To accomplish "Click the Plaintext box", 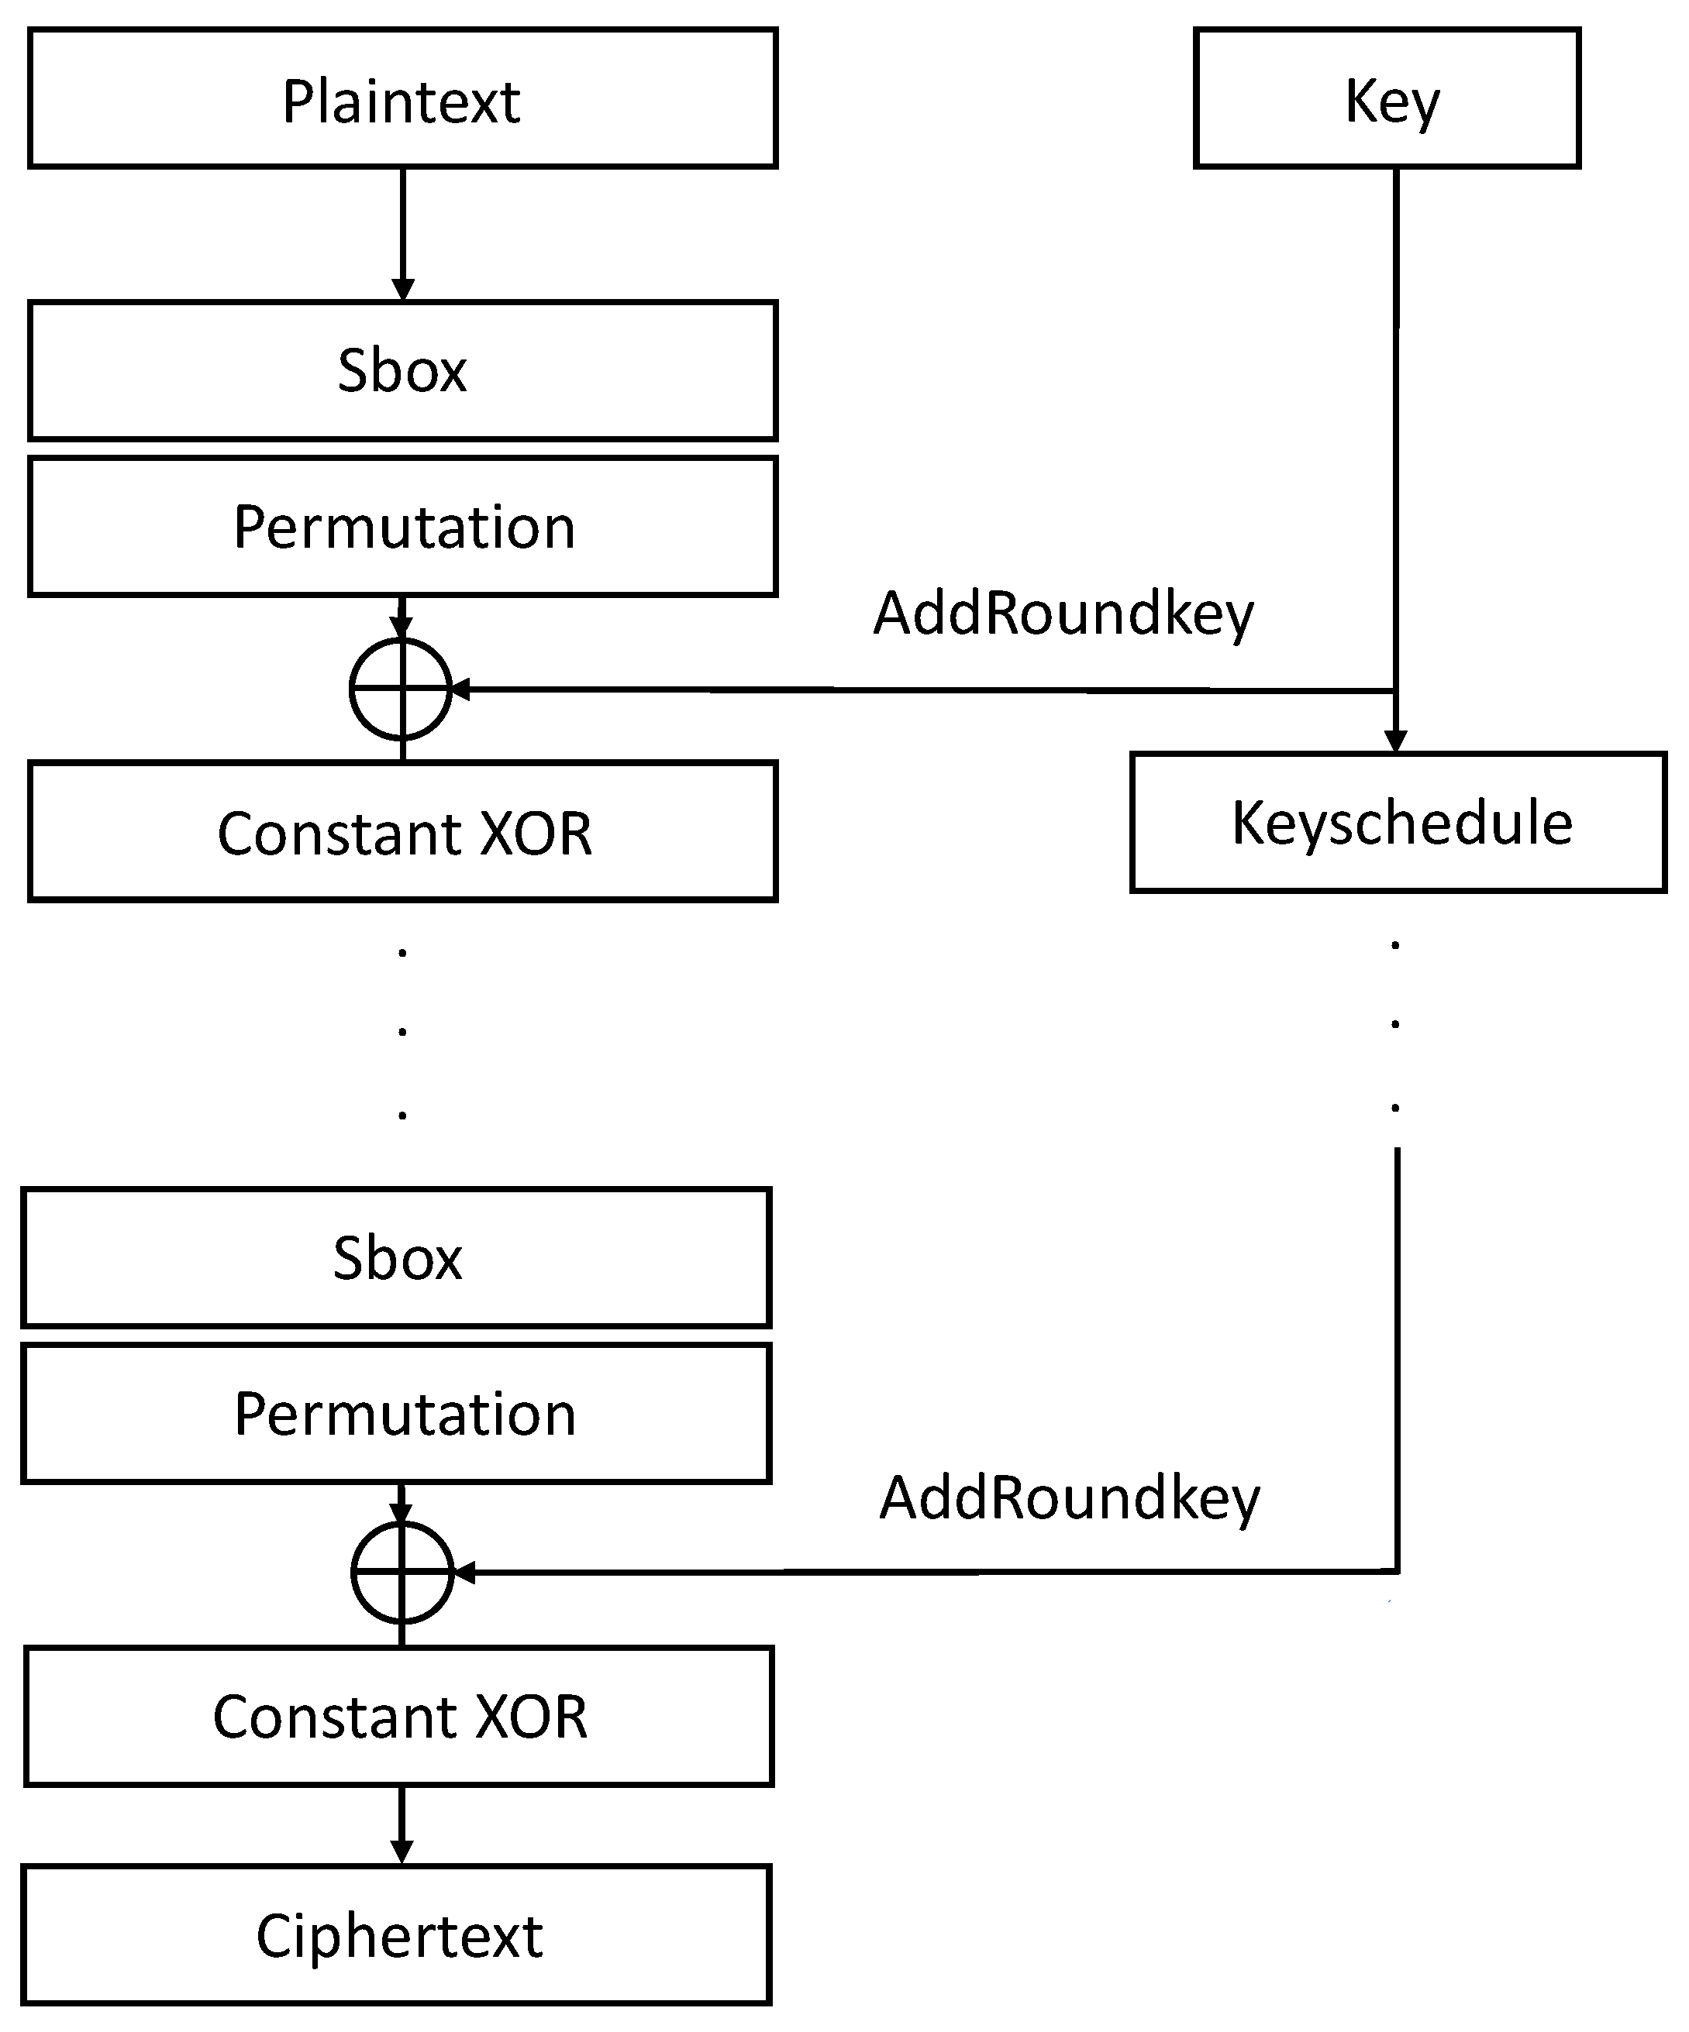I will coord(402,98).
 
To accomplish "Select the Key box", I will coord(1386,98).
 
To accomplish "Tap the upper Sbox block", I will coord(402,370).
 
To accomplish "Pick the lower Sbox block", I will coord(396,1258).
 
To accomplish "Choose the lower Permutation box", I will coord(396,1415).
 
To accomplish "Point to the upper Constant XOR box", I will coord(402,832).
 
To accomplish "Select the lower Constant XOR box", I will coord(398,1717).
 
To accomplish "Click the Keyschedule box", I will coord(1398,823).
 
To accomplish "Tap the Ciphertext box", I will coord(396,1935).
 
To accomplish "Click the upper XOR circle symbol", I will coord(401,689).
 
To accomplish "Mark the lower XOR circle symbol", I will coord(402,1573).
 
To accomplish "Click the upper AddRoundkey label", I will coord(1063,614).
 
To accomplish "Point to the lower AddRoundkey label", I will coord(1069,1499).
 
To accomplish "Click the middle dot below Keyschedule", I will coord(1394,1023).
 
